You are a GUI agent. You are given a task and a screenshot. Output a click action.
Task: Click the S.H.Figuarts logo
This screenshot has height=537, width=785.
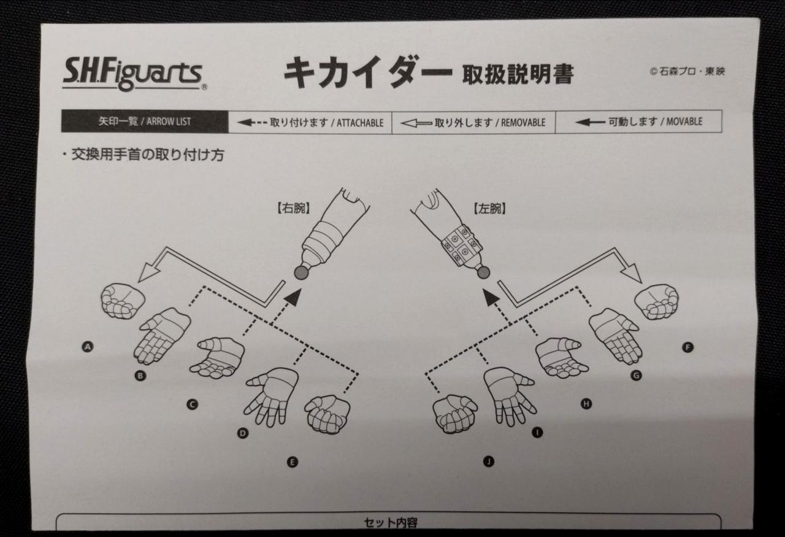coord(132,74)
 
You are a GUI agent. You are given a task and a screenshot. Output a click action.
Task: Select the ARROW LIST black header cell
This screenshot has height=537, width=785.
coord(144,122)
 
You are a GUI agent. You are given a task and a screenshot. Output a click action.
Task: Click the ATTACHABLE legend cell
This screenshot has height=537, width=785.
coord(310,122)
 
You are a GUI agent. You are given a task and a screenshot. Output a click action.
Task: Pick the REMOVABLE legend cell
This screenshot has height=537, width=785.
coord(473,122)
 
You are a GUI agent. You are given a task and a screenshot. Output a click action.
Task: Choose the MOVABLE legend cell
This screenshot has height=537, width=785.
coord(638,122)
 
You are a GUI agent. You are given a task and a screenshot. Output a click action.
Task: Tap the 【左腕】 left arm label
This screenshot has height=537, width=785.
coord(489,209)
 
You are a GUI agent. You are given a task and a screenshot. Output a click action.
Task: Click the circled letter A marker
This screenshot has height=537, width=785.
coord(88,347)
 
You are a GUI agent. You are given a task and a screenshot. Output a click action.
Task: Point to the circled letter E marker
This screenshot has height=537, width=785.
coord(293,462)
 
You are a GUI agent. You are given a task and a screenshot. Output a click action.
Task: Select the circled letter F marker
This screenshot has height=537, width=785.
coord(687,347)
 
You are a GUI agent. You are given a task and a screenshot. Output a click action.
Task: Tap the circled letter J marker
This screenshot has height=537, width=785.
coord(489,462)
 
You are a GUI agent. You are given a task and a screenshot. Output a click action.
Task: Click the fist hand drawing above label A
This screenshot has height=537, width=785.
coord(123,301)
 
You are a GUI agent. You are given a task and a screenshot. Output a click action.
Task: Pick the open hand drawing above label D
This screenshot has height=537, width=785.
coord(270,395)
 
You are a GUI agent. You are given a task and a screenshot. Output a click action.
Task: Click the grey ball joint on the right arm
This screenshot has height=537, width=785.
coord(301,272)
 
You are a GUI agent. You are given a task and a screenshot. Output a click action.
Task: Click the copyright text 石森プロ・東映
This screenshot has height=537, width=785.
coord(687,71)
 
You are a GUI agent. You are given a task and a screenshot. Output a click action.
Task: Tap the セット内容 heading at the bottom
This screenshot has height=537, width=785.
coord(391,523)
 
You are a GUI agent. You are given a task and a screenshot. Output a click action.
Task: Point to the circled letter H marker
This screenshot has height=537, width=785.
coord(586,403)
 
